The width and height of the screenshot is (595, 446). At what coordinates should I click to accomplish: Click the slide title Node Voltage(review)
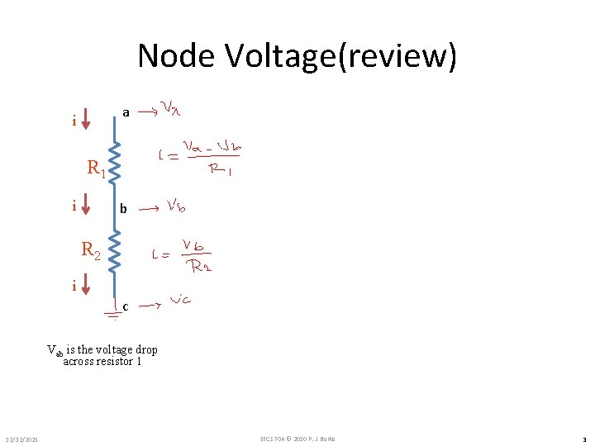[297, 56]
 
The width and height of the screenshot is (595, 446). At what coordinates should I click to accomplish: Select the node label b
[123, 210]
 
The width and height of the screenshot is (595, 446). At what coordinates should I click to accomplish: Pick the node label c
[125, 307]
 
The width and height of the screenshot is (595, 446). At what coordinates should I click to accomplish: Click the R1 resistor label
[96, 169]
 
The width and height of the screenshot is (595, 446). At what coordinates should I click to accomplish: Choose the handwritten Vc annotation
[181, 301]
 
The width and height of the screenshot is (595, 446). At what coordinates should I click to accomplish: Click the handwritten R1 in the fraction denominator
[220, 170]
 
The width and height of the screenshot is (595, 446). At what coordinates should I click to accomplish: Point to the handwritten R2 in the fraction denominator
[199, 266]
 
